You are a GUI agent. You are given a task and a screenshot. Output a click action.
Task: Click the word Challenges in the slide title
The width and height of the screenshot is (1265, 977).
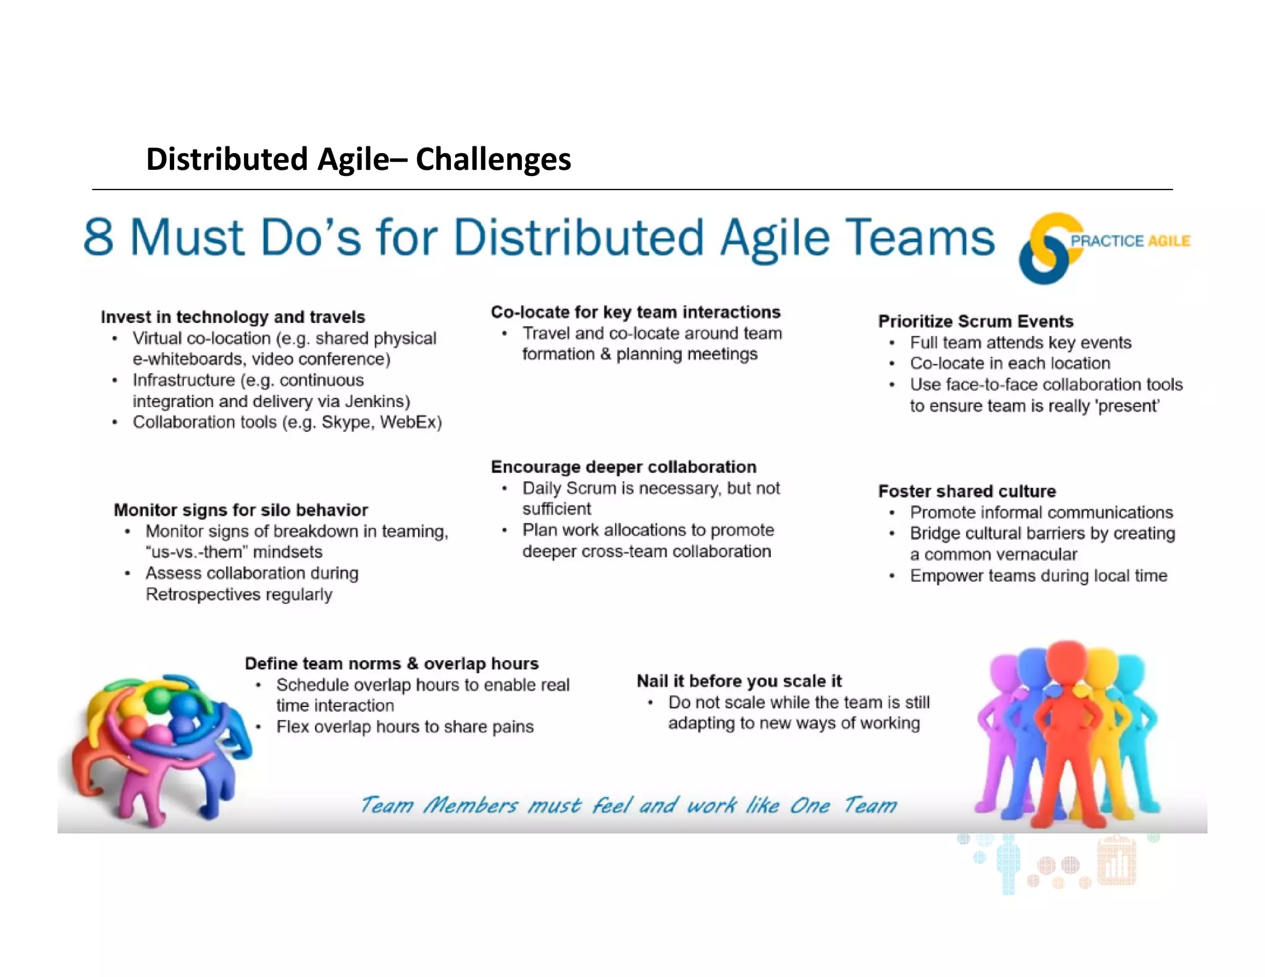click(493, 159)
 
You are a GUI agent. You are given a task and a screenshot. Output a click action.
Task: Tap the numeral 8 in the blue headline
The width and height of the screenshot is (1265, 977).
click(99, 237)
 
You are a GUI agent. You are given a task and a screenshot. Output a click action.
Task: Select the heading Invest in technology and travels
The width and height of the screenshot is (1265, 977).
click(233, 317)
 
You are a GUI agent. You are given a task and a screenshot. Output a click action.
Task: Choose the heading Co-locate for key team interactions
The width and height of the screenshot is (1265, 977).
click(636, 312)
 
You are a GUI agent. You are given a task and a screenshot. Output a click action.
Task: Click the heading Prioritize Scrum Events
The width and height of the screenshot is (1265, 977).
click(975, 321)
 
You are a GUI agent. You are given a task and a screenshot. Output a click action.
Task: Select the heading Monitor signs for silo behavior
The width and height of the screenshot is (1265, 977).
click(241, 510)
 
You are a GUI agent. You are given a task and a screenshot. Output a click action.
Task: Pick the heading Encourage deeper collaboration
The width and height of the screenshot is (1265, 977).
click(623, 467)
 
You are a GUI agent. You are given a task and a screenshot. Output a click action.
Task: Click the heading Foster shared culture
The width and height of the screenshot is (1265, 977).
click(967, 491)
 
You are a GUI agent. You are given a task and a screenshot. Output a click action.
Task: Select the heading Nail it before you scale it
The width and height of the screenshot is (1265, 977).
click(739, 681)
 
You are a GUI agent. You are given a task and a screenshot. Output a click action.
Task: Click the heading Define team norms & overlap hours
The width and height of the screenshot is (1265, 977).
click(392, 663)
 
